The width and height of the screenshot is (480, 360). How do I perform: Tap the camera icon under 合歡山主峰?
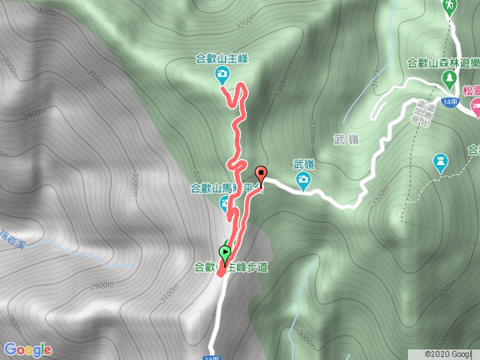coord(223,73)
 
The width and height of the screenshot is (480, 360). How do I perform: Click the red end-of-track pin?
coord(261,173)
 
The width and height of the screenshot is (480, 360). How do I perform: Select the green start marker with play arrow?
coord(225,253)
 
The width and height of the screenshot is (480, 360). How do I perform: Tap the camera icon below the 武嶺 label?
coord(303,178)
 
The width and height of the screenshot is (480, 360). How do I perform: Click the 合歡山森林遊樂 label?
coord(442,64)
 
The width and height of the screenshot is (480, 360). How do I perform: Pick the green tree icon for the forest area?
coord(450,78)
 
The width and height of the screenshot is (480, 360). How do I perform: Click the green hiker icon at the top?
coord(449,7)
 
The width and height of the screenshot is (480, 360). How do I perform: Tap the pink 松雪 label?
coord(471,90)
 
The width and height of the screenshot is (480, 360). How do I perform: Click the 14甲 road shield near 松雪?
coord(450,102)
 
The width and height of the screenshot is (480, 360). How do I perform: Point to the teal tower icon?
coord(441,160)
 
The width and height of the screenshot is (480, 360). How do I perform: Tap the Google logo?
coord(28,349)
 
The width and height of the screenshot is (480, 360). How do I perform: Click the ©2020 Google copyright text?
coord(448,353)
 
